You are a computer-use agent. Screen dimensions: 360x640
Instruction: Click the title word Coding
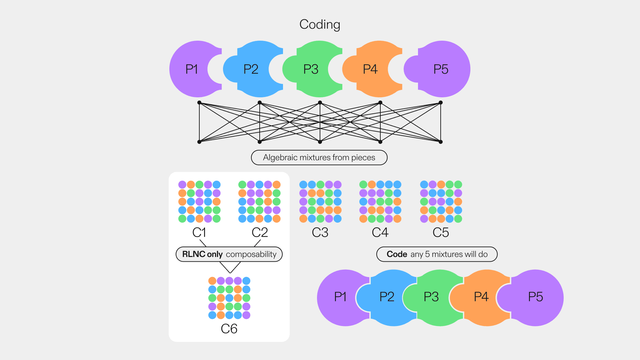(x=320, y=24)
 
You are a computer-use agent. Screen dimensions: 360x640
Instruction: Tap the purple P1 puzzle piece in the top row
(x=192, y=69)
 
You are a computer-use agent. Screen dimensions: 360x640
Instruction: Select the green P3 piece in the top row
(x=311, y=69)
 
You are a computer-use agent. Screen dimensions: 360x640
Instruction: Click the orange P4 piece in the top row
(x=370, y=69)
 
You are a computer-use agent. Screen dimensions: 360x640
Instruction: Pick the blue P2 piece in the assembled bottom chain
(x=387, y=297)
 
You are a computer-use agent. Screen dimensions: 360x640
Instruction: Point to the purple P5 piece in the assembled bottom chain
(x=535, y=297)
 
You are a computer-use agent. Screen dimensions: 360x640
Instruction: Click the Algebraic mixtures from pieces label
(x=319, y=158)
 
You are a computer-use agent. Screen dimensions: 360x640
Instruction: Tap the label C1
(x=199, y=232)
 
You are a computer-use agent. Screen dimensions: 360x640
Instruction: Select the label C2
(x=260, y=232)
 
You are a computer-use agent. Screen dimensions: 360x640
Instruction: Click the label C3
(x=320, y=232)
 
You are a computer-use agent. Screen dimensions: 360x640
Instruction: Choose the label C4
(x=380, y=232)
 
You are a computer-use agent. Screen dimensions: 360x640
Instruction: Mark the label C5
(x=441, y=232)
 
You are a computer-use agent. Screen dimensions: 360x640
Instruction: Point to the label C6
(x=229, y=329)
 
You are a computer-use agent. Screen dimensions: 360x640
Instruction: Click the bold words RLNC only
(x=202, y=254)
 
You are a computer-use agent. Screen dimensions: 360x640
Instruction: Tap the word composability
(x=251, y=254)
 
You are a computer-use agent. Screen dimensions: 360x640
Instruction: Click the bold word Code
(x=397, y=254)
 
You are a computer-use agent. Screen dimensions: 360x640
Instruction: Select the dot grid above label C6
(x=229, y=298)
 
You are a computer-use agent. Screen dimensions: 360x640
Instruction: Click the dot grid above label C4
(x=380, y=202)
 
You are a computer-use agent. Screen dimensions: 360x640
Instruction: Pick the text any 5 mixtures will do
(x=449, y=254)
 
